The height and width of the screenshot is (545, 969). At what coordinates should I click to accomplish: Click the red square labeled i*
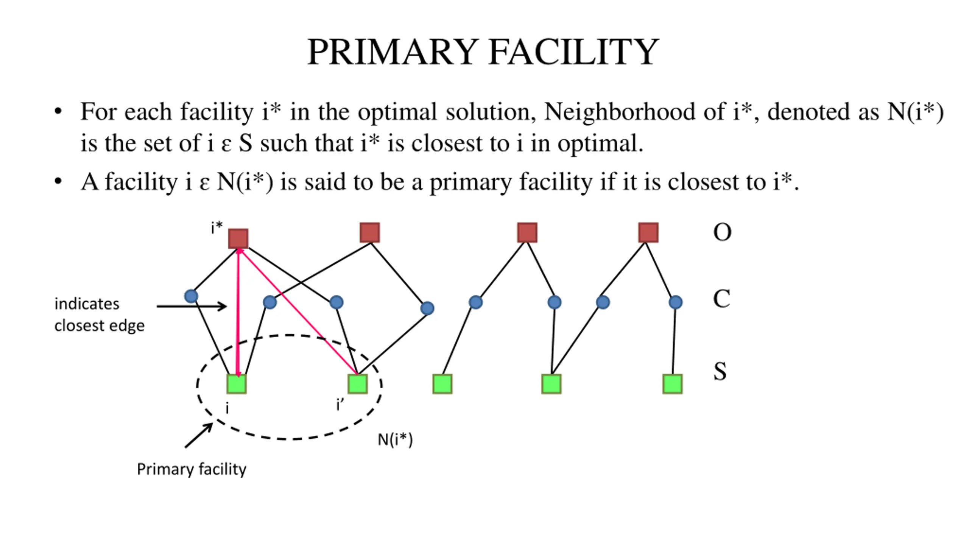(x=238, y=238)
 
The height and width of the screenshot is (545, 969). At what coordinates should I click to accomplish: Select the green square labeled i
(x=237, y=384)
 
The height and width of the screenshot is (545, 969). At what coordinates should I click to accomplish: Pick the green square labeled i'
(x=358, y=384)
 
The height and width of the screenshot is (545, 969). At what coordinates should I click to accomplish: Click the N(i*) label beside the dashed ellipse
(x=395, y=440)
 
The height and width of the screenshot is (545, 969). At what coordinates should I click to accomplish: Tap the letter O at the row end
(x=722, y=232)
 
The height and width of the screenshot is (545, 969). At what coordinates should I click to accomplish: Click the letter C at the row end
(x=721, y=299)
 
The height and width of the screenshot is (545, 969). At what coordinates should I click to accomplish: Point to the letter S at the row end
(x=720, y=371)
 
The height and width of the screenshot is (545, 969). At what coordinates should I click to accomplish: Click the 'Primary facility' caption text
(x=192, y=470)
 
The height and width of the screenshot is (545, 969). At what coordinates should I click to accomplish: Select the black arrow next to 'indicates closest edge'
(x=192, y=306)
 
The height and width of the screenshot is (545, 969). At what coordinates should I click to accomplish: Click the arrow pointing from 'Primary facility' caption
(x=198, y=436)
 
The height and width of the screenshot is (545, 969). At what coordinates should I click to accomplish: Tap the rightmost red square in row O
(x=648, y=232)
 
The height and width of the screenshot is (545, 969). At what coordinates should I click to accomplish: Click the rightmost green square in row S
(x=673, y=384)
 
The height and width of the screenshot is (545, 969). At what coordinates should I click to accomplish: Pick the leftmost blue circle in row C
(x=191, y=296)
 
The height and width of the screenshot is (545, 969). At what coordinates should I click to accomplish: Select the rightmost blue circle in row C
(x=676, y=302)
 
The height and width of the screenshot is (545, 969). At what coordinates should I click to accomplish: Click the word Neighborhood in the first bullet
(x=620, y=112)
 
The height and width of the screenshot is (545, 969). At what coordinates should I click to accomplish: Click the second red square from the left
(x=370, y=232)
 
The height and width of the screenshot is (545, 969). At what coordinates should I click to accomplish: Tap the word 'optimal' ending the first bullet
(x=600, y=144)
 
